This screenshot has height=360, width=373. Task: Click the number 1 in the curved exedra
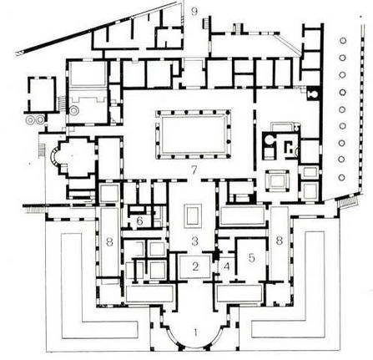tap(196, 332)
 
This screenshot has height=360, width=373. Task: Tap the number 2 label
tap(195, 266)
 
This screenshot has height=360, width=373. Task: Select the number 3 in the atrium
tap(195, 241)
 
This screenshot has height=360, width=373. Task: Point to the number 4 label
tap(227, 266)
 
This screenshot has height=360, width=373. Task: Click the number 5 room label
tap(251, 258)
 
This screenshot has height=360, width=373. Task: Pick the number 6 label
tap(139, 221)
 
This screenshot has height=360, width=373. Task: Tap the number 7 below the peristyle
tap(194, 170)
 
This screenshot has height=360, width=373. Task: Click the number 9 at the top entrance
tap(194, 12)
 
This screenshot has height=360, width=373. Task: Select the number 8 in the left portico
tap(109, 242)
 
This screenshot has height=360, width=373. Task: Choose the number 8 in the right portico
tap(279, 241)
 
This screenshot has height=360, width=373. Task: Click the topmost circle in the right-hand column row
tap(343, 41)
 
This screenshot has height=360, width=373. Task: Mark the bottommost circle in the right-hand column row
tap(342, 177)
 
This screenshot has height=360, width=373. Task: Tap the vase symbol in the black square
tap(313, 95)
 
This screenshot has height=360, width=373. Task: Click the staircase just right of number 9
tap(205, 23)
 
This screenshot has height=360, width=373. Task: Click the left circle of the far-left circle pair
tap(29, 119)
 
